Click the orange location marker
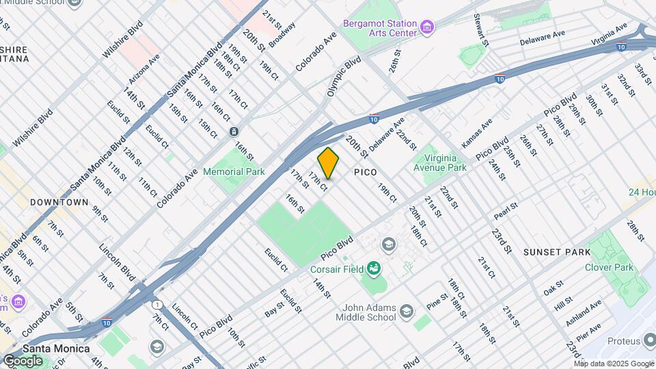[328, 164]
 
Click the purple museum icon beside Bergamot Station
[428, 27]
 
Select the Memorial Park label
[234, 172]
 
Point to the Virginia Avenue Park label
[439, 162]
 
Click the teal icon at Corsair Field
[373, 268]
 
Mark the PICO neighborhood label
[366, 173]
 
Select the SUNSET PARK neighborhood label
[557, 252]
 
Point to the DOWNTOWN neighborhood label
[59, 202]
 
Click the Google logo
[22, 361]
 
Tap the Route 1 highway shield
[158, 304]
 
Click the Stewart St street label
[481, 31]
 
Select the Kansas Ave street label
[477, 133]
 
